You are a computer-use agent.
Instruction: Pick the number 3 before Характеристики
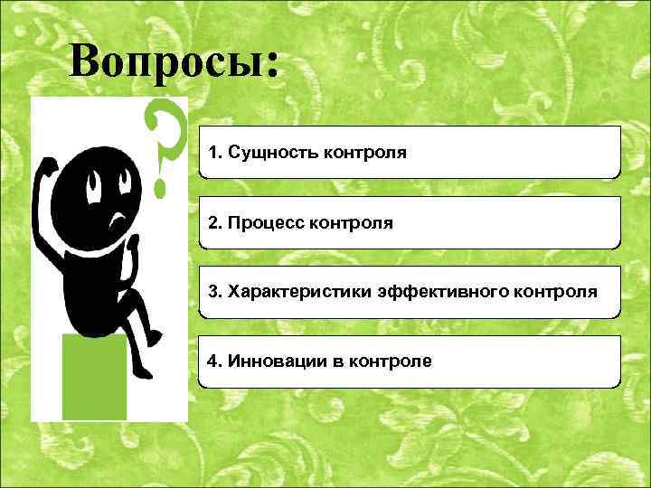[x=213, y=292]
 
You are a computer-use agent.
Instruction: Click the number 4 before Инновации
[x=213, y=361]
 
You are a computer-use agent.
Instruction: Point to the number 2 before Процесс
[x=213, y=222]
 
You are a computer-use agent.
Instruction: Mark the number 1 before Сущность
[x=213, y=152]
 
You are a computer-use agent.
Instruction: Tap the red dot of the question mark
[x=162, y=189]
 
